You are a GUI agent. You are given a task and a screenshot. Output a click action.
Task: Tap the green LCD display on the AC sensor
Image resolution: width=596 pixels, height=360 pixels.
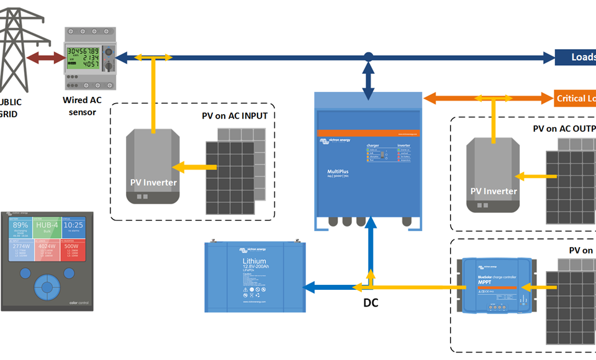click(83, 56)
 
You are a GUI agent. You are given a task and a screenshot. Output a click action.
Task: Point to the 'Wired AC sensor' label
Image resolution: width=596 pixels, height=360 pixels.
click(79, 106)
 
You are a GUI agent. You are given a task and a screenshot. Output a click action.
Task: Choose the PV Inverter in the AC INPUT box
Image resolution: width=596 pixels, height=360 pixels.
click(153, 167)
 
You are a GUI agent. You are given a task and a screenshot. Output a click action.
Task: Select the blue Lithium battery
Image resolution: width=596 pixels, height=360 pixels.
click(255, 276)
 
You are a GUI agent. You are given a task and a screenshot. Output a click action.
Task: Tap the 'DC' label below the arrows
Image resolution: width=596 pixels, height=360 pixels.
click(371, 304)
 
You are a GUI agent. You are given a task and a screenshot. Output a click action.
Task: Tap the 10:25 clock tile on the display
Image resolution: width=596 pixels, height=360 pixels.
click(73, 226)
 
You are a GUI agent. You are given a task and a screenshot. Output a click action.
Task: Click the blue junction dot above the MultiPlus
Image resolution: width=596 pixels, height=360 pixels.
click(369, 57)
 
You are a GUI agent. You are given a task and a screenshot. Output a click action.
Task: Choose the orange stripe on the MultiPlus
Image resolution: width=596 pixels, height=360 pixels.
click(370, 133)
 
